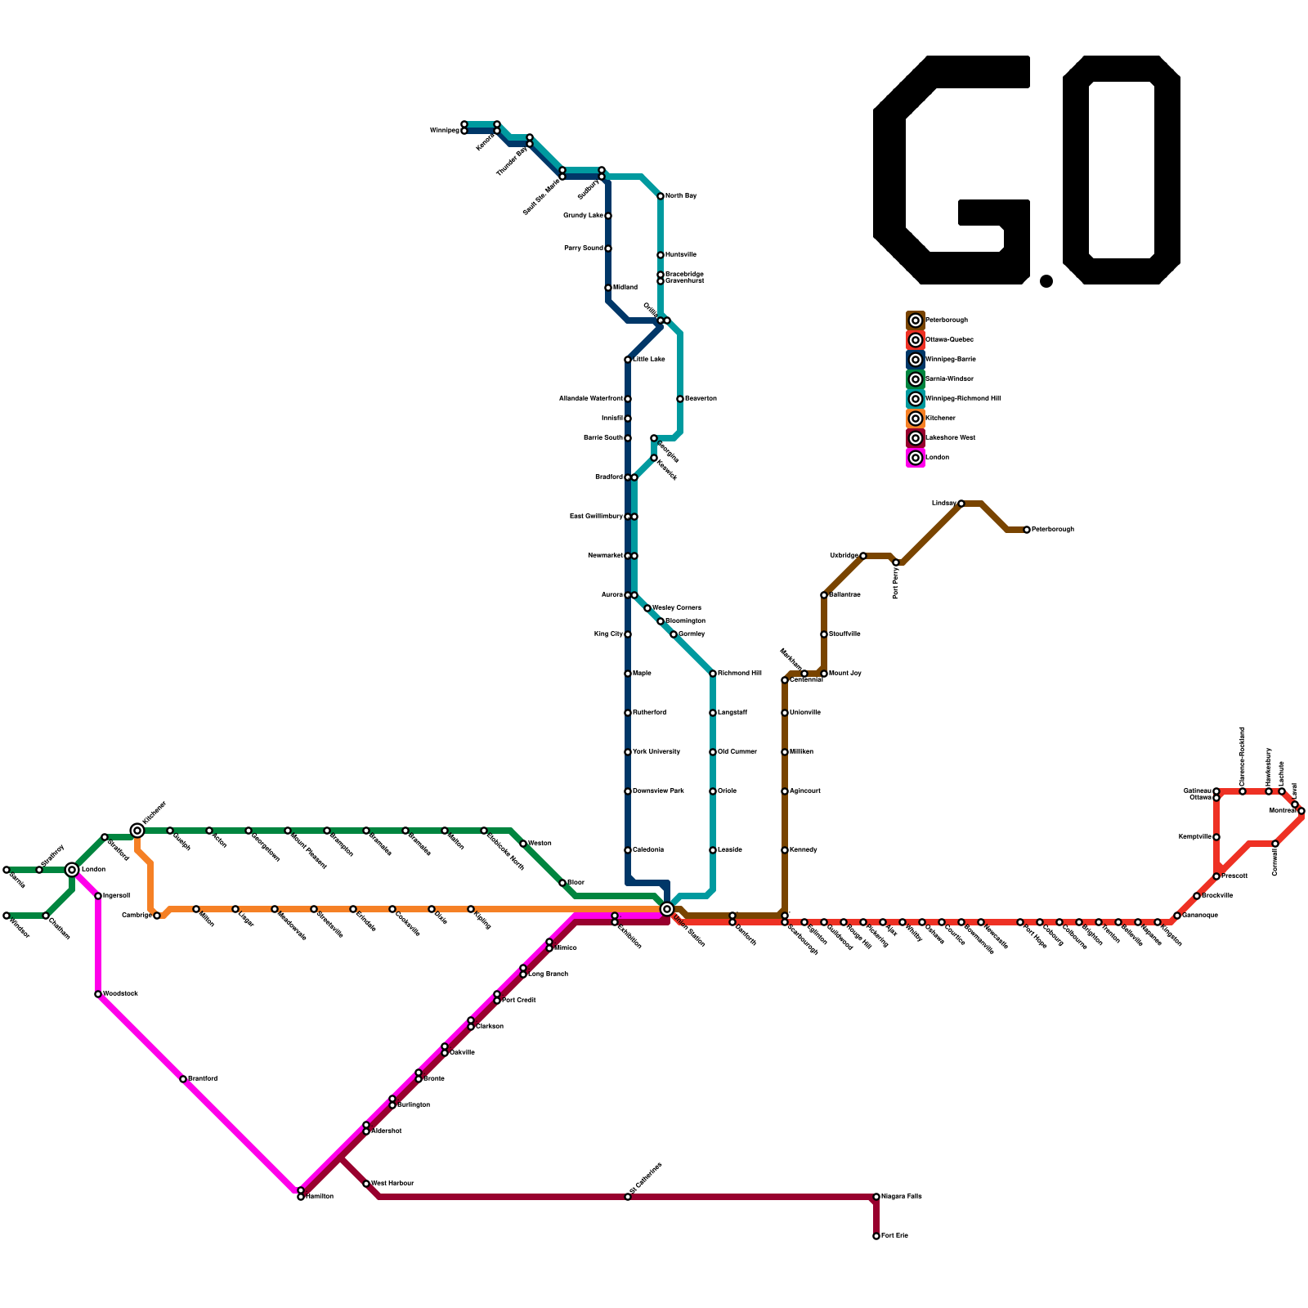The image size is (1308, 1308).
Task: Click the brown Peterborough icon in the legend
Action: tap(916, 320)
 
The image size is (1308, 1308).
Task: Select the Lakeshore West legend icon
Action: tap(916, 438)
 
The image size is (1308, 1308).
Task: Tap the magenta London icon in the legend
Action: tap(916, 458)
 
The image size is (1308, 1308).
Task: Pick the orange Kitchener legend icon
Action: tap(916, 419)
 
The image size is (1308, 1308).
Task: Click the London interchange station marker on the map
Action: tap(72, 870)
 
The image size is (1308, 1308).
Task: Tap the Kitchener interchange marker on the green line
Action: tap(137, 831)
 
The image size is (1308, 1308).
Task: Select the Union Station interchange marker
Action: tap(667, 909)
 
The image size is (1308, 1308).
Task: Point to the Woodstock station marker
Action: tap(98, 994)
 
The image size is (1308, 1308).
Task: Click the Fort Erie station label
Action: tap(895, 1236)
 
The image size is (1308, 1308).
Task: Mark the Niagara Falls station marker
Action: tap(876, 1197)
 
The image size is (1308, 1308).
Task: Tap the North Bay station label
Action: tap(681, 196)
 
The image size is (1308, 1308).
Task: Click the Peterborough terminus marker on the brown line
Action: tap(1027, 530)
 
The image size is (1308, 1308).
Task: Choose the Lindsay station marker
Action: tap(961, 504)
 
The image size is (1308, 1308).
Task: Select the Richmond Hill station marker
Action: tap(713, 674)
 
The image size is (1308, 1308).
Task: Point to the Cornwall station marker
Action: tap(1275, 844)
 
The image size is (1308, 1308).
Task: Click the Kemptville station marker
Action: tap(1216, 837)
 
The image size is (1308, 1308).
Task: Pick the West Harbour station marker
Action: tap(366, 1184)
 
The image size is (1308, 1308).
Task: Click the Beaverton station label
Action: tap(701, 399)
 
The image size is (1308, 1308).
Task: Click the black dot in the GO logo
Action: tap(1046, 281)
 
